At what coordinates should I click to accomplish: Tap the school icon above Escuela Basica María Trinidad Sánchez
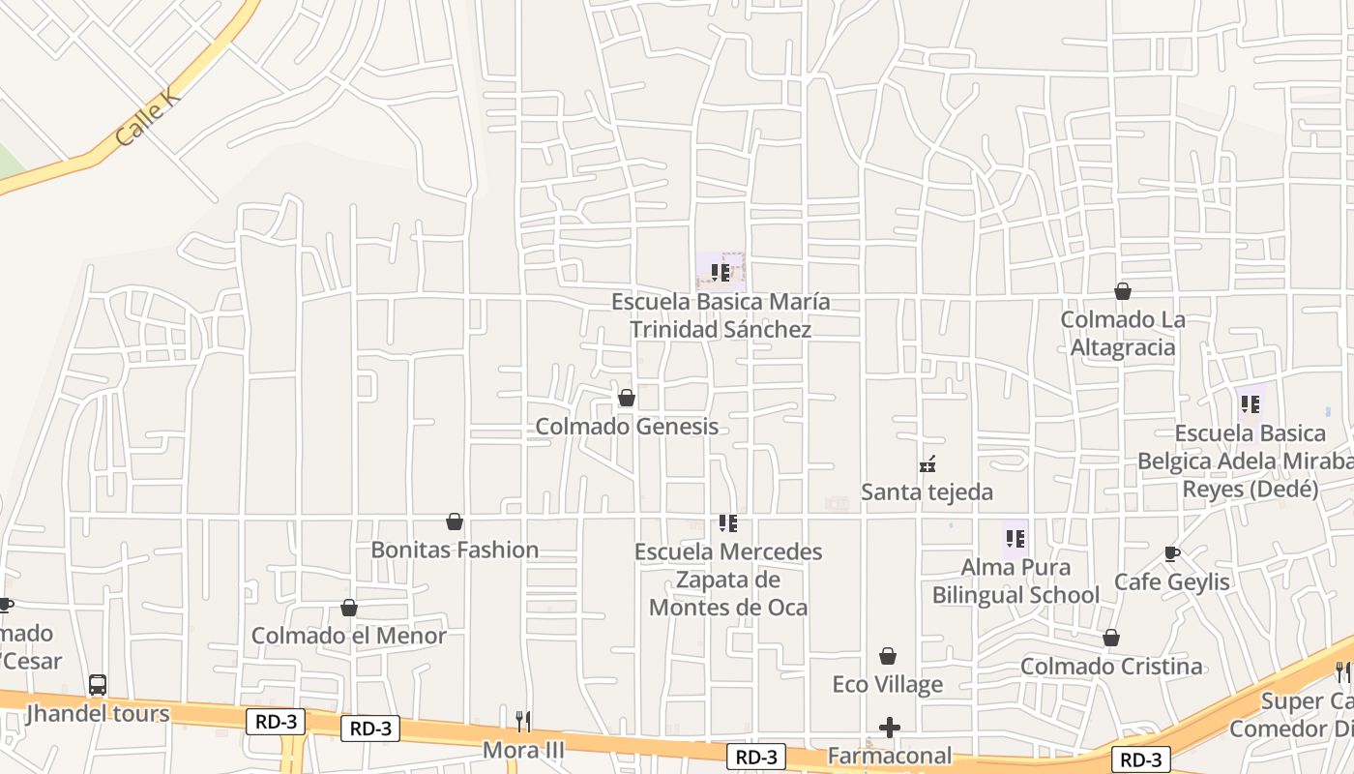coord(720,273)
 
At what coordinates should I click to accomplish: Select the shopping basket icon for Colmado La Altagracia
coord(1123,291)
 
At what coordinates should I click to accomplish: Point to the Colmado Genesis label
coord(627,427)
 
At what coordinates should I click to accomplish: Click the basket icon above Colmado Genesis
coord(627,398)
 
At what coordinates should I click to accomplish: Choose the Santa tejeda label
coord(927,492)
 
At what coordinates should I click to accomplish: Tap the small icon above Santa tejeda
coord(927,464)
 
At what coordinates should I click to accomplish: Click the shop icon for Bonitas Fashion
coord(455,522)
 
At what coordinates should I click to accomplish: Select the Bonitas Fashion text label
coord(455,550)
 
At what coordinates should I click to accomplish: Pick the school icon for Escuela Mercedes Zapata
coord(727,524)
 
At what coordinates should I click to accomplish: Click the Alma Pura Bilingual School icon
coord(1015,539)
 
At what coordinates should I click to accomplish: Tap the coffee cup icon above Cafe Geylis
coord(1172,554)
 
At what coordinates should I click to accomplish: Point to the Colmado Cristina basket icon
coord(1111,639)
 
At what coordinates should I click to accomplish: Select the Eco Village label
coord(887,685)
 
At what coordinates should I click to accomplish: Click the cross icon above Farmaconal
coord(890,728)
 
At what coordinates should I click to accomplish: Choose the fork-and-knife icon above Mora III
coord(523,721)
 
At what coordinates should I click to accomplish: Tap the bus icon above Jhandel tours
coord(98,685)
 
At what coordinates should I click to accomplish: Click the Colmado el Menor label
coord(348,636)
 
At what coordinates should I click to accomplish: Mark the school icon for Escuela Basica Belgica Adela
coord(1250,404)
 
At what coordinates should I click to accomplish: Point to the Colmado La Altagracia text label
coord(1123,334)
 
